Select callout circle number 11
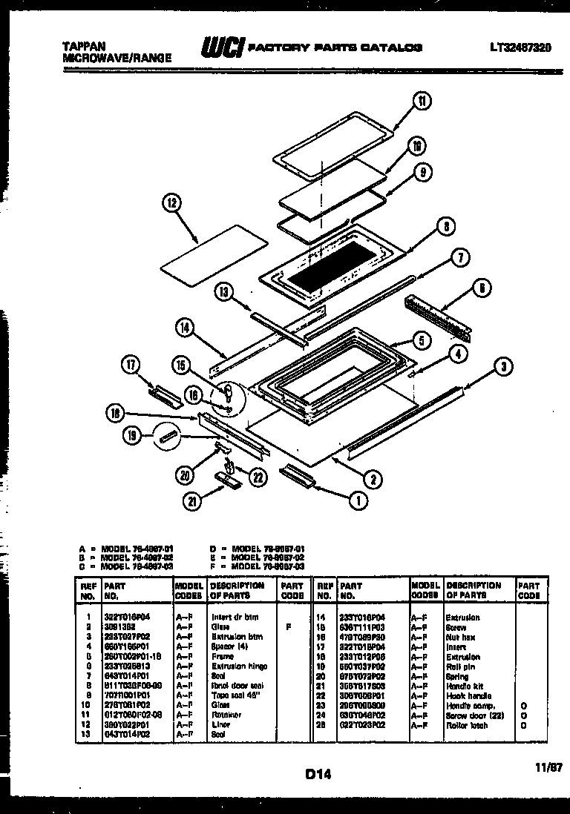coord(422,102)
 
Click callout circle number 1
coord(358,500)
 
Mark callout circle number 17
coord(131,363)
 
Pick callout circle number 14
coord(187,325)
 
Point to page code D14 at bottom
coord(317,774)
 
